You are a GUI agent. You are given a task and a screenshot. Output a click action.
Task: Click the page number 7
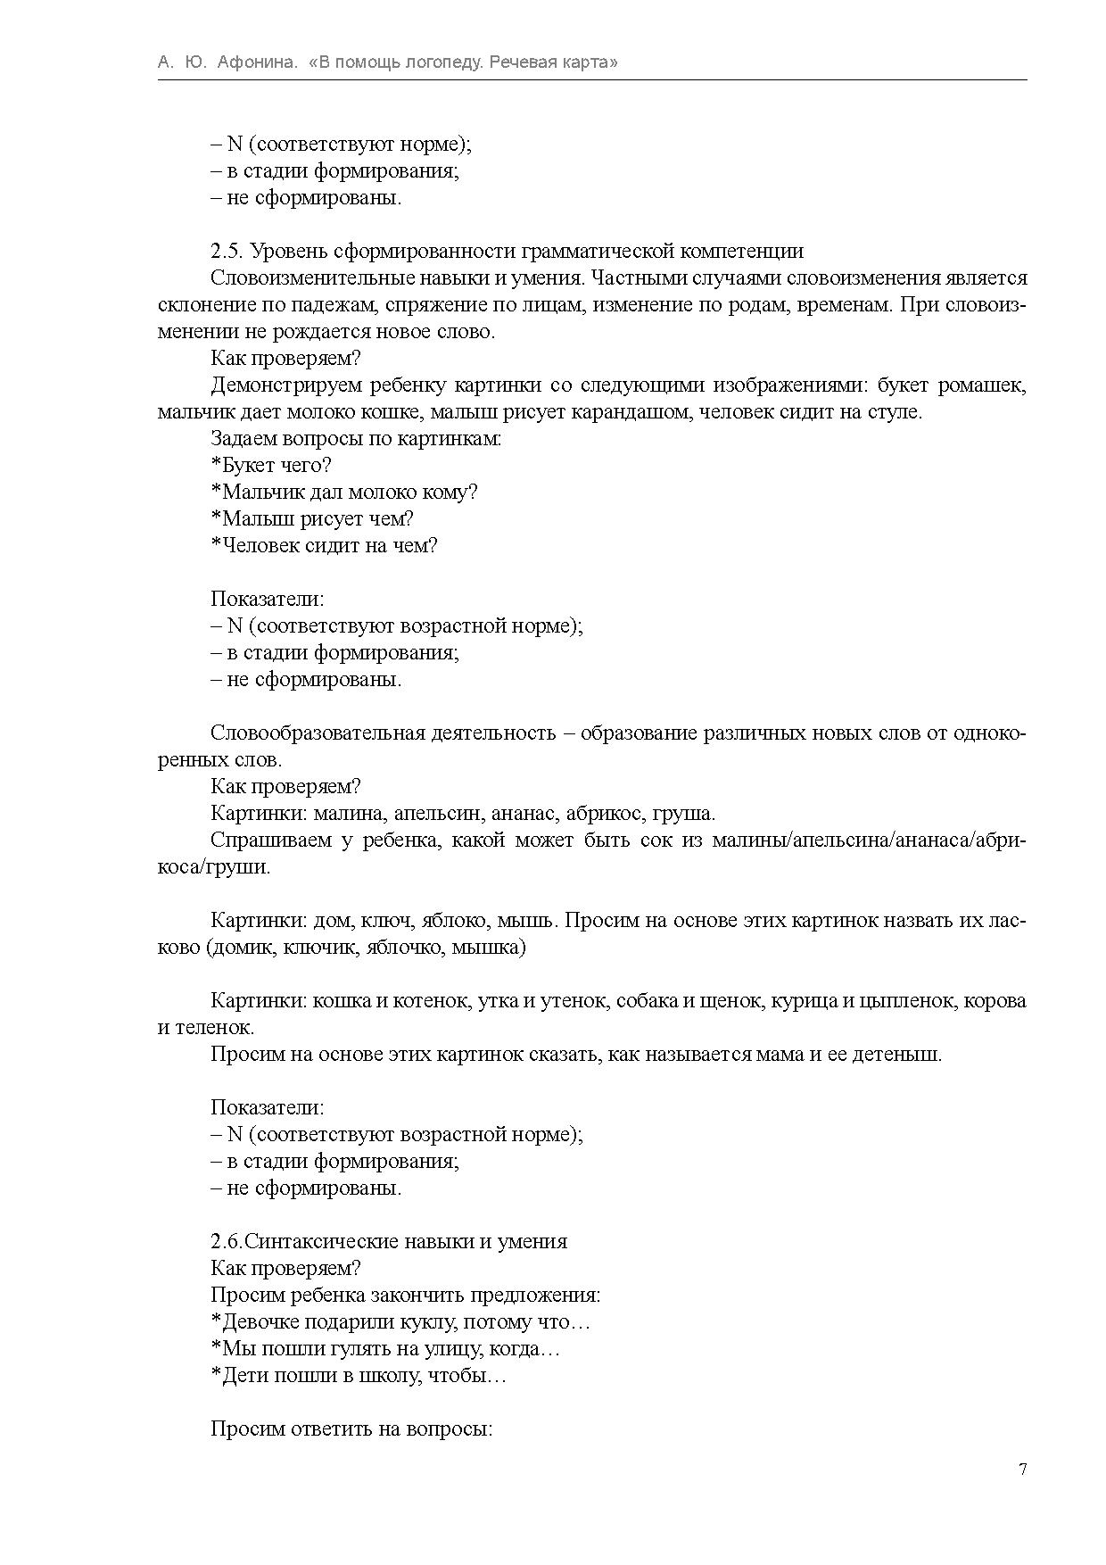click(1022, 1470)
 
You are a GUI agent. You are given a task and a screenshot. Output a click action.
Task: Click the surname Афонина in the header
click(257, 62)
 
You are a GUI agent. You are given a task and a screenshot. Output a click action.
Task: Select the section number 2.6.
click(226, 1242)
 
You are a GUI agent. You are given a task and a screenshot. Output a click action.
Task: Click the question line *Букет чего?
click(271, 466)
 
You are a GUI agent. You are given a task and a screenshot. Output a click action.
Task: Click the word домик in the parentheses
click(240, 948)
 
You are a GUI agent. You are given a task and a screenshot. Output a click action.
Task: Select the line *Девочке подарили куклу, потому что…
click(400, 1322)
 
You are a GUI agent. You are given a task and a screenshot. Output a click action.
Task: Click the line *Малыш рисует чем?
click(312, 519)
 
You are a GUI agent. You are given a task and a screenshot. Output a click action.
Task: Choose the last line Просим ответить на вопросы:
click(351, 1429)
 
